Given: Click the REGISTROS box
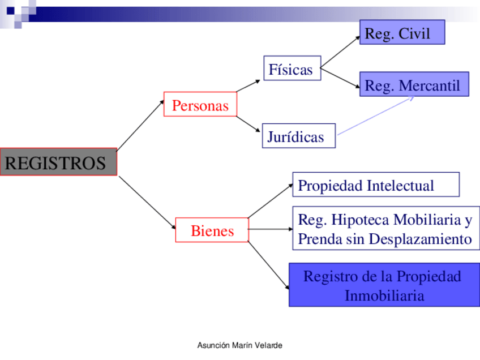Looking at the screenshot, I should click(x=58, y=162).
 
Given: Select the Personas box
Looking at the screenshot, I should click(x=200, y=104).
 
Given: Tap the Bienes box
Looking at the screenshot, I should click(x=212, y=230).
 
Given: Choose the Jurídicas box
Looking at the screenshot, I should click(x=298, y=136).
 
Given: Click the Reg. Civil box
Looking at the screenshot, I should click(x=402, y=32).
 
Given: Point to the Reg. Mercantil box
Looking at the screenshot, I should click(x=414, y=84).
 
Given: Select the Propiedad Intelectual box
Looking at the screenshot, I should click(x=375, y=185).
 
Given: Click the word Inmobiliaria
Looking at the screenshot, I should click(x=384, y=295).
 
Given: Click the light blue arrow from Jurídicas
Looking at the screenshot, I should click(x=375, y=116).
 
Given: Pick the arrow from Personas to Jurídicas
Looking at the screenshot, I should click(x=249, y=125).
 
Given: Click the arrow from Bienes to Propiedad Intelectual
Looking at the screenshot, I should click(x=271, y=201).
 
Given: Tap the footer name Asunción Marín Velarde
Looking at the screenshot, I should click(x=239, y=345).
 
